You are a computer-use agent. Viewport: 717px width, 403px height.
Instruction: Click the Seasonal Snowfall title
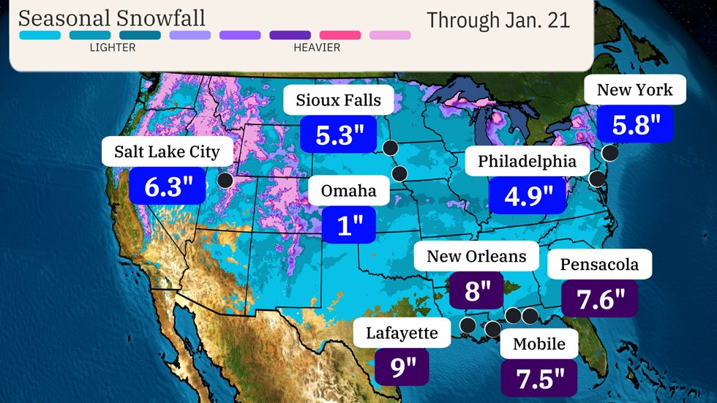[111, 18]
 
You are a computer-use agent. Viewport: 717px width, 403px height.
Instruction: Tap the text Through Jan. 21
[498, 20]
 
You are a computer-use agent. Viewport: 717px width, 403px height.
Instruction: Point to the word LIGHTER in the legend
[112, 48]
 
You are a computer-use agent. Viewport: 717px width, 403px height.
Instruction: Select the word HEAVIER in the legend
[317, 48]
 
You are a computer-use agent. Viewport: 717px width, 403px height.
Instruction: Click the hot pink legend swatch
[339, 34]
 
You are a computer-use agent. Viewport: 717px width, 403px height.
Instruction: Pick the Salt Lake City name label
[167, 152]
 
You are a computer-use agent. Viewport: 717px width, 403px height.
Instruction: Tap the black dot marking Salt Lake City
[226, 180]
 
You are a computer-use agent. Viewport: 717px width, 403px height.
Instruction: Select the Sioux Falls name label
[338, 100]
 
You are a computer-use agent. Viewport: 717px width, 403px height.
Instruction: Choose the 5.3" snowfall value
[338, 135]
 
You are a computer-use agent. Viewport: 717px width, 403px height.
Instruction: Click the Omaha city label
[348, 191]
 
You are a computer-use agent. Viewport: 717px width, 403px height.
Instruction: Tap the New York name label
[634, 90]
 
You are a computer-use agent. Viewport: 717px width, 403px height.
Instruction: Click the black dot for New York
[609, 153]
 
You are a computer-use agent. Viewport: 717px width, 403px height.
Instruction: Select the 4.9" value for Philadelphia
[527, 195]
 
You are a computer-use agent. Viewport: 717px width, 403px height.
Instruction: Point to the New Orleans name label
[476, 256]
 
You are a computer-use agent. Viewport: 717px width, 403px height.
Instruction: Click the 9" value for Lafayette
[402, 366]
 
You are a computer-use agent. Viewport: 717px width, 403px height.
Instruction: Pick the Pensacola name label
[599, 264]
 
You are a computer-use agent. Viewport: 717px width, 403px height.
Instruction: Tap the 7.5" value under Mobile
[538, 377]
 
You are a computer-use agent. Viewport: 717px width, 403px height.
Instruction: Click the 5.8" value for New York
[634, 125]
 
